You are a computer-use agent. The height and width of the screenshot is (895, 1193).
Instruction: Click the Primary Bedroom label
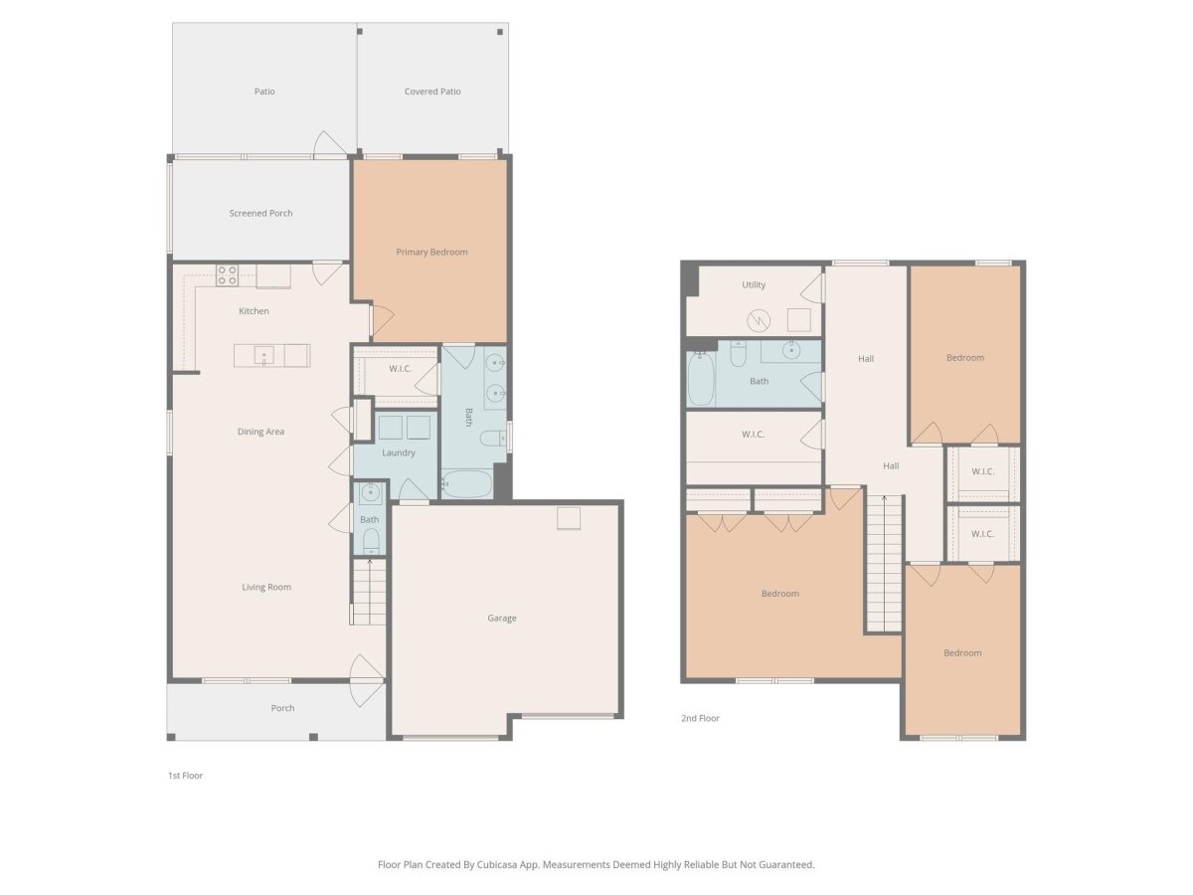[431, 253]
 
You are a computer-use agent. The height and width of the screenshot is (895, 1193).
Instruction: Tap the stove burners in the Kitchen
[227, 275]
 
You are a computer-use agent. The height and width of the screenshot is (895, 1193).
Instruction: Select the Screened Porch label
[260, 213]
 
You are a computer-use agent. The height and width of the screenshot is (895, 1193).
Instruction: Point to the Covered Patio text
[432, 91]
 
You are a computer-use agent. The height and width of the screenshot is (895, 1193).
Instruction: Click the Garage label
[502, 618]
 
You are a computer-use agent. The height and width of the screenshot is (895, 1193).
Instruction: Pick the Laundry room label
[399, 452]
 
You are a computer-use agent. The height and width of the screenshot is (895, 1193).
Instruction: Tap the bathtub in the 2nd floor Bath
[701, 378]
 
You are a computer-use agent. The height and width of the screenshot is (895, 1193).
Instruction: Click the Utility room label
[754, 284]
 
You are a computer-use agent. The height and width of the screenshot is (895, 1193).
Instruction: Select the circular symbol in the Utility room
[759, 320]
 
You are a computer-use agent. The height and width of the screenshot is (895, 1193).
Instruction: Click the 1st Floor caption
[185, 776]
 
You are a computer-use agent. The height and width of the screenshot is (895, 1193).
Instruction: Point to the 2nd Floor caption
[700, 718]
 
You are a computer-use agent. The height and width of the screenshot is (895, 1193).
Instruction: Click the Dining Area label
[260, 432]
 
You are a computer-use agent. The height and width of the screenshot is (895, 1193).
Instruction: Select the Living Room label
[266, 587]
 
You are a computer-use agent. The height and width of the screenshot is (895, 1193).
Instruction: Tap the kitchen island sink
[264, 355]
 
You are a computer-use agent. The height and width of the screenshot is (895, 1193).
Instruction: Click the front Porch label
[282, 708]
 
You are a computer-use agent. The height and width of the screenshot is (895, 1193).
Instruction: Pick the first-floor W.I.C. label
[400, 369]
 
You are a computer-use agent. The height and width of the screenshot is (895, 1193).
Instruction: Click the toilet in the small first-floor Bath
[371, 541]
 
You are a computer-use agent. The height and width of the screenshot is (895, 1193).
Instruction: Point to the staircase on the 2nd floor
[884, 564]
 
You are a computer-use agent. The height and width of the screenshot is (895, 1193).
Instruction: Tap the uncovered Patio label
[264, 91]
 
